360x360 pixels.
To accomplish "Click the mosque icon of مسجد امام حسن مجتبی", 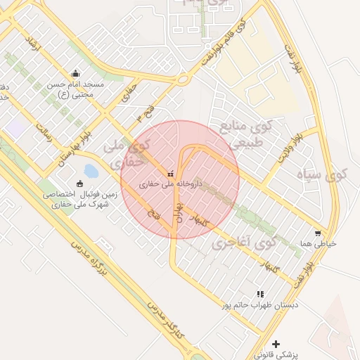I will pos(76,73).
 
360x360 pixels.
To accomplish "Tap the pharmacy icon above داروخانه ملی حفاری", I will pos(169,174).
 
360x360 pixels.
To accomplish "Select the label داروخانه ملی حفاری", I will pos(170,184).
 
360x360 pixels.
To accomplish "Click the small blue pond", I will pos(91,170).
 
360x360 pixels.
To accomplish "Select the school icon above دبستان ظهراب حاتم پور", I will pos(260,294).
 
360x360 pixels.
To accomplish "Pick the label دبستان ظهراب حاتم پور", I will pos(260,305).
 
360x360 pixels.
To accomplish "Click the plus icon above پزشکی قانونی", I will pos(276,345).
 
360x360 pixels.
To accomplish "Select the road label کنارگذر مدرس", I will pos(167,318).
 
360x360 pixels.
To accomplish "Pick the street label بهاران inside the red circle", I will pos(179,210).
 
